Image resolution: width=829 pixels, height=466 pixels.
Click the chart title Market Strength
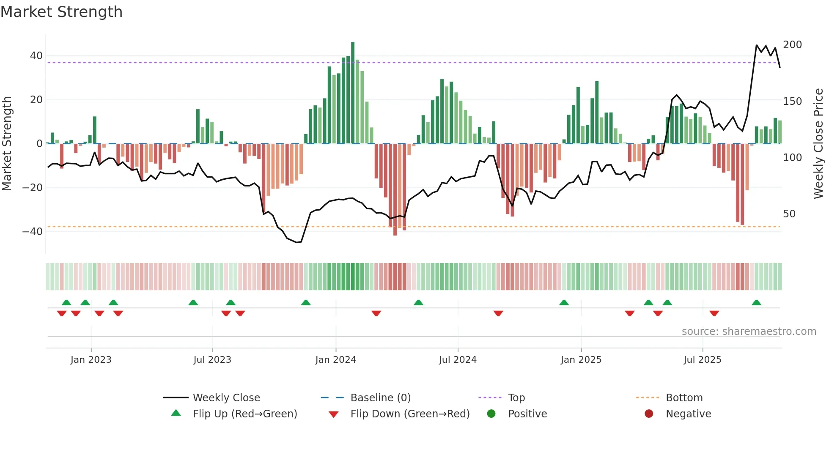61,12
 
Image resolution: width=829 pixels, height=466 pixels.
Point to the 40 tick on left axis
36,56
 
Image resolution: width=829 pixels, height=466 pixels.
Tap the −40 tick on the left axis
33,232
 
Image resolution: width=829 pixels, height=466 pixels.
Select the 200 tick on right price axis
792,45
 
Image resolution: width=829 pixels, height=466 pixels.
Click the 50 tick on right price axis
789,214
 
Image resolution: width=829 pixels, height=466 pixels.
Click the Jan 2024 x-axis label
336,360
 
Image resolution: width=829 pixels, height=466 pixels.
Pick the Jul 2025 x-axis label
703,360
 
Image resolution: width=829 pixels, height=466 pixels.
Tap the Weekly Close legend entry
226,398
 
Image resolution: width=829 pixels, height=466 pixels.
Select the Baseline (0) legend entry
380,398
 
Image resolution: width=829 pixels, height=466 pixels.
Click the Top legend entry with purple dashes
516,398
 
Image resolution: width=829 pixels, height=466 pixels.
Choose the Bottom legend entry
684,398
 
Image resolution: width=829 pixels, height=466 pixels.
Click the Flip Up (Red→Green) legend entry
244,414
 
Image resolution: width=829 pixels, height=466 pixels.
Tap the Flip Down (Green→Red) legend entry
410,414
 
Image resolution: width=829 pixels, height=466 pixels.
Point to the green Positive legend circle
491,414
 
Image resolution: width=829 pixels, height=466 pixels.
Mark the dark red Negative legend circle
649,414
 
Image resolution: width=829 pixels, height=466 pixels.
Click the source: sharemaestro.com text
749,332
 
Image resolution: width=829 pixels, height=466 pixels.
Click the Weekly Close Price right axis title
819,144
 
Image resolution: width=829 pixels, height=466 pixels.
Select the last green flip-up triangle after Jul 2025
757,303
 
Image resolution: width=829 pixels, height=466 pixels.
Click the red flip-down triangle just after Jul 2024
498,313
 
